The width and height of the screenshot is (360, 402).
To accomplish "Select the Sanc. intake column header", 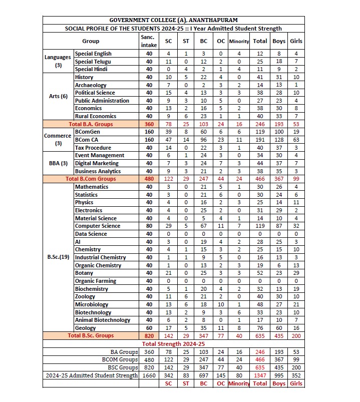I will click(x=149, y=41).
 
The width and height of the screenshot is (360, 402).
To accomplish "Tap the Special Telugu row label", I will click(x=93, y=62).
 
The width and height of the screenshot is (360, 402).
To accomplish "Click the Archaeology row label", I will click(x=91, y=85).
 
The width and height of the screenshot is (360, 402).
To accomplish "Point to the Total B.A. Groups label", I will click(x=91, y=124).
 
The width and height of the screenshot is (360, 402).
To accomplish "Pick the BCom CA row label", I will click(x=88, y=140).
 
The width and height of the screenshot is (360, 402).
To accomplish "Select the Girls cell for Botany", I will click(x=296, y=273).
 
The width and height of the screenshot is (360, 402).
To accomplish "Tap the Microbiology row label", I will click(x=92, y=304).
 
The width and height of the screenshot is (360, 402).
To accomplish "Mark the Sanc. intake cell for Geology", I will click(x=149, y=328).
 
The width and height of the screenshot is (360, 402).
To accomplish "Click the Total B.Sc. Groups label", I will click(x=91, y=335).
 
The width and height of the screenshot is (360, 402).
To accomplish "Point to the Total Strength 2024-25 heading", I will click(x=173, y=344).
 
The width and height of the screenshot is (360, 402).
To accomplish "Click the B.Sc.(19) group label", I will click(x=58, y=257).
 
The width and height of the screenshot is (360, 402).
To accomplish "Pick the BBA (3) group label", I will click(x=58, y=163).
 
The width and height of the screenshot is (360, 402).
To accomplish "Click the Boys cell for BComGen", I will click(x=278, y=132).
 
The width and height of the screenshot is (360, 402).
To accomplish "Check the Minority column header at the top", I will click(x=239, y=41).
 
